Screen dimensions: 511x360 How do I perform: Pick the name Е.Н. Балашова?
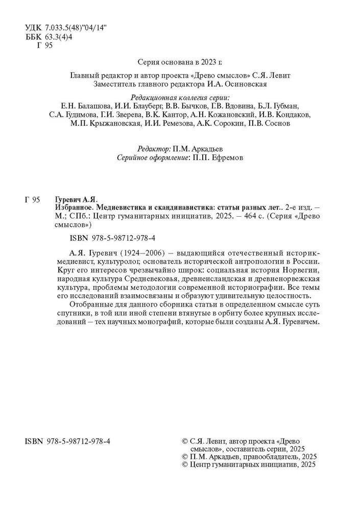click(x=77, y=106)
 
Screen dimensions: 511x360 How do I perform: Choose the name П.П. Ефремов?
click(x=217, y=158)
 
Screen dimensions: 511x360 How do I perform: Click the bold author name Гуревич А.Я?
click(x=75, y=199)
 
